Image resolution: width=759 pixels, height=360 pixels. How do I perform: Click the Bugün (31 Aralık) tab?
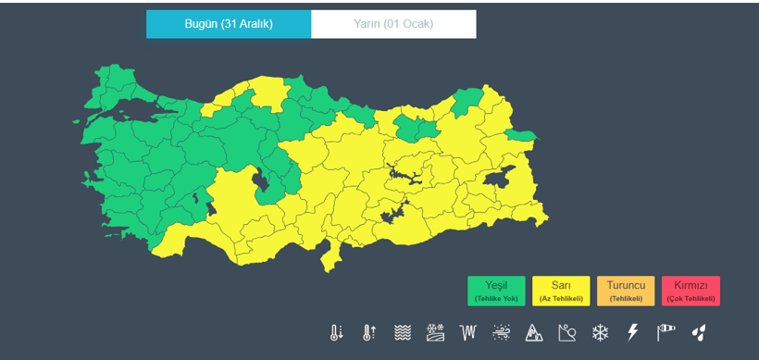(229, 24)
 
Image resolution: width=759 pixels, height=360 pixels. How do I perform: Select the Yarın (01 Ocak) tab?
(393, 24)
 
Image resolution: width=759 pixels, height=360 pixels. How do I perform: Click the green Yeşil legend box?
(496, 291)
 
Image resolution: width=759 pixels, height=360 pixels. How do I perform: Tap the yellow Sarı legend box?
(561, 291)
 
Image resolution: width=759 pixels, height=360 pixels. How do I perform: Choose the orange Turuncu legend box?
(626, 291)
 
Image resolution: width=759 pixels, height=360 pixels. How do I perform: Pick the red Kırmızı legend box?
(691, 291)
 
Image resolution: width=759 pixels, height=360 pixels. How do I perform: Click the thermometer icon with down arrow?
(337, 332)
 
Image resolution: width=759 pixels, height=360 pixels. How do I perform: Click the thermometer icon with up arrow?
(370, 332)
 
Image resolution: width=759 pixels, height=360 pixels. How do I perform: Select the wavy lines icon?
(403, 332)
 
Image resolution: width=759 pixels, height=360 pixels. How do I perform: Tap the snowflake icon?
(601, 332)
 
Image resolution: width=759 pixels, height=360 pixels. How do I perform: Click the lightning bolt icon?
(633, 332)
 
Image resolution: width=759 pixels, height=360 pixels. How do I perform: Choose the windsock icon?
(666, 332)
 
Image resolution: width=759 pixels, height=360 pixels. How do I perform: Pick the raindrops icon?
(700, 332)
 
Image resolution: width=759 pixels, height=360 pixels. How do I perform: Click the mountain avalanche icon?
(534, 332)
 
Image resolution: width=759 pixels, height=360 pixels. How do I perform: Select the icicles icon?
(468, 332)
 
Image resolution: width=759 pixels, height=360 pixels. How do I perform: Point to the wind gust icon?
(502, 332)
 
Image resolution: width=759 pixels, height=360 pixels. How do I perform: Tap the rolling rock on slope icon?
(567, 332)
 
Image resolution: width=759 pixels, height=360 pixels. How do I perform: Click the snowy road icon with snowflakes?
(435, 332)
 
